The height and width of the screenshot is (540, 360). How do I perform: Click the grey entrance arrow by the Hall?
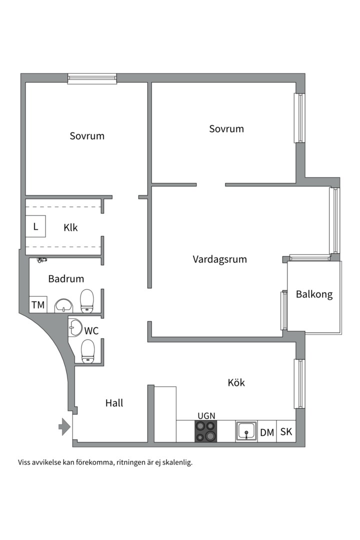[x=64, y=426]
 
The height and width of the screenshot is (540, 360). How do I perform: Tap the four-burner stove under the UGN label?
[x=206, y=431]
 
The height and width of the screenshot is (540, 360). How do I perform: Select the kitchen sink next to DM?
[x=246, y=431]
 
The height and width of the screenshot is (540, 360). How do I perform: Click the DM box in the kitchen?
[x=267, y=432]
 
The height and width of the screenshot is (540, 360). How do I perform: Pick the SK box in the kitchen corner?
[x=286, y=432]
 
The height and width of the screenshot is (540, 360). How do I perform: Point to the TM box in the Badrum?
[x=38, y=304]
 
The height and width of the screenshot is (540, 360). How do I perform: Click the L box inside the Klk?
[x=35, y=226]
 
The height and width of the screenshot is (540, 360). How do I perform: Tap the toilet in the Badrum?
[x=87, y=301]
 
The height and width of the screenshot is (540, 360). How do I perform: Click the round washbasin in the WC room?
[x=75, y=327]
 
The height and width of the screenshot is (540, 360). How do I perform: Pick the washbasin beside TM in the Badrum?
[x=63, y=305]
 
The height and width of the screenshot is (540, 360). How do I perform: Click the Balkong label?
[x=314, y=294]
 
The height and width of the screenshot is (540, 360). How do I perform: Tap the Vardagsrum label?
[x=219, y=259]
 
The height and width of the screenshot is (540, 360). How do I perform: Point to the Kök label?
[x=236, y=382]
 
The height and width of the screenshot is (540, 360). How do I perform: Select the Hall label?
[x=114, y=403]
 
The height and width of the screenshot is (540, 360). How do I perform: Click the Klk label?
[x=70, y=227]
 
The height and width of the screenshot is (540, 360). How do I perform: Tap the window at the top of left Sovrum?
[x=92, y=78]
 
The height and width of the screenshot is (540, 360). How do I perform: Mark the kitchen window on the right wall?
[x=299, y=383]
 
